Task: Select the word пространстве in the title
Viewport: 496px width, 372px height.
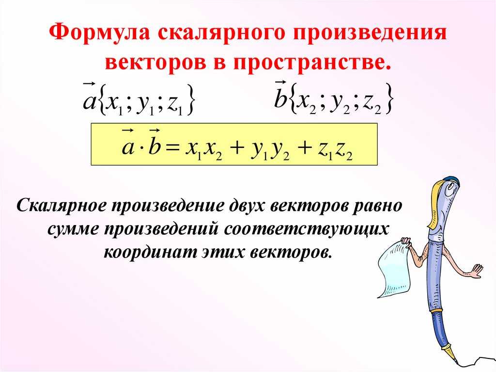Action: point(312,61)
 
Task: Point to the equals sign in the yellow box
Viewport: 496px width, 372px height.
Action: point(174,147)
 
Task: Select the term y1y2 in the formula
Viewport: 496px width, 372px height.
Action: point(270,151)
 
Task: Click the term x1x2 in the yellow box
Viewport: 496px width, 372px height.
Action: point(203,150)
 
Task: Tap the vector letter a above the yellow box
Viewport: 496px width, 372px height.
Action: point(89,98)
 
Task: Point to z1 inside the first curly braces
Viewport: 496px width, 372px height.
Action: point(174,105)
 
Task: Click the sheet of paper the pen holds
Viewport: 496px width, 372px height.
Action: point(393,269)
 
